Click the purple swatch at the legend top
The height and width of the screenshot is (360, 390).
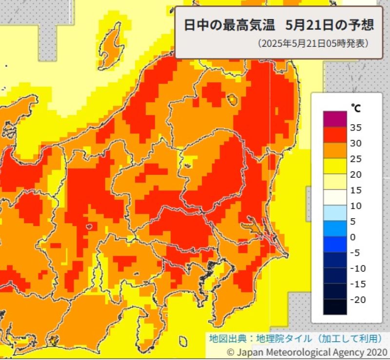[x=334, y=119]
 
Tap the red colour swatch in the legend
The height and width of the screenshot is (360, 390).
[x=334, y=134]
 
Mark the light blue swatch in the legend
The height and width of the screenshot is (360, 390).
[x=334, y=212]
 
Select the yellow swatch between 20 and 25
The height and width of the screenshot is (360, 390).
[x=334, y=166]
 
